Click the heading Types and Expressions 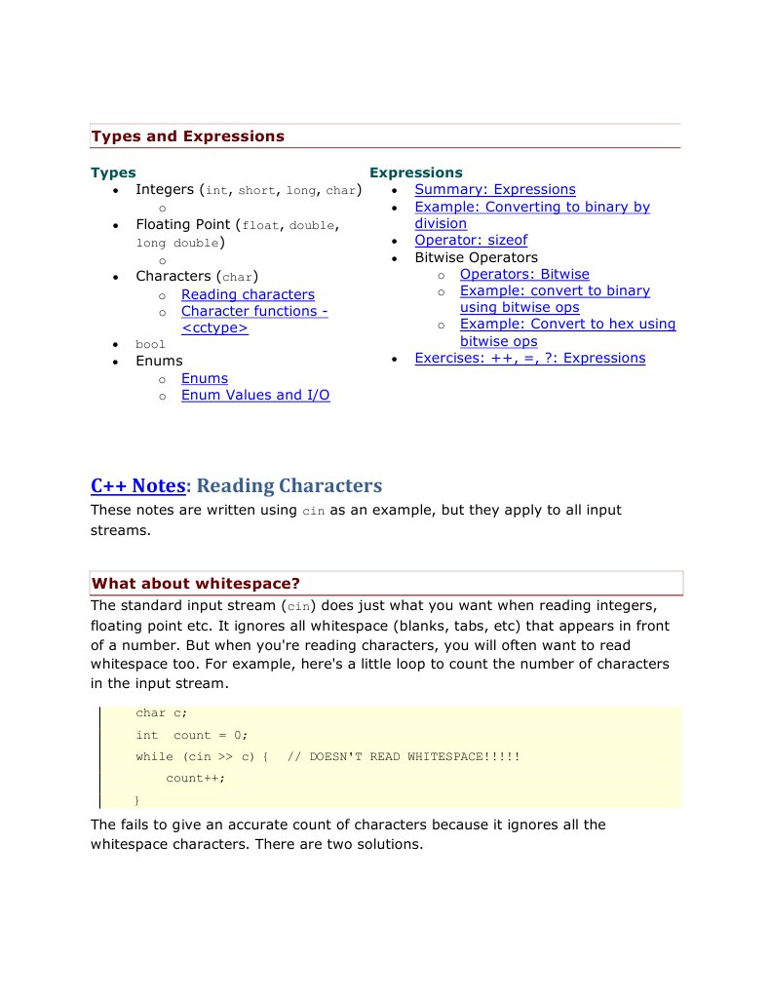coord(187,136)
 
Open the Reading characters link coord(248,294)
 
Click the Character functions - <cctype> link coord(253,311)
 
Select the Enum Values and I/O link coord(255,395)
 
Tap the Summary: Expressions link coord(494,189)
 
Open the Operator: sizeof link coord(471,240)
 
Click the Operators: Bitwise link coord(524,274)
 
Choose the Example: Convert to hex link coord(567,324)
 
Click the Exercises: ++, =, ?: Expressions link coord(529,358)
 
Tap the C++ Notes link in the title coord(137,485)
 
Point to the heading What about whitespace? coord(196,584)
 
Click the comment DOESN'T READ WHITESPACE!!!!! coord(414,756)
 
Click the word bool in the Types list coord(150,344)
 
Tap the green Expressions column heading coord(415,173)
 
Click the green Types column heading coord(113,173)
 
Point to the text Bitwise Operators coord(476,257)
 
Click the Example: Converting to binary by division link coord(531,207)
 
